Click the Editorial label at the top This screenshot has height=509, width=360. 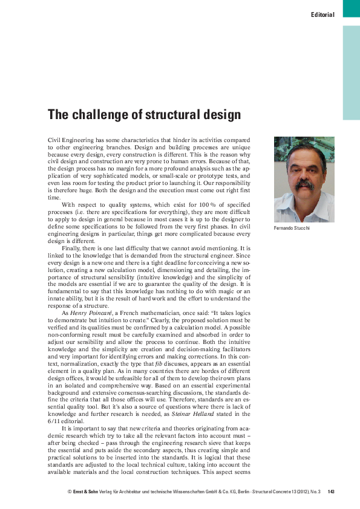coord(322,15)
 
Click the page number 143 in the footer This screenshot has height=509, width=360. coord(331,491)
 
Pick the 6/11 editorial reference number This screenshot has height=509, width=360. coord(54,423)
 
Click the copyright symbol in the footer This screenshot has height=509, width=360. coord(70,491)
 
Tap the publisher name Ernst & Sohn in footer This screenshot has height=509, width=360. coord(87,491)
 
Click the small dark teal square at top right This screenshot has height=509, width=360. coord(352,8)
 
